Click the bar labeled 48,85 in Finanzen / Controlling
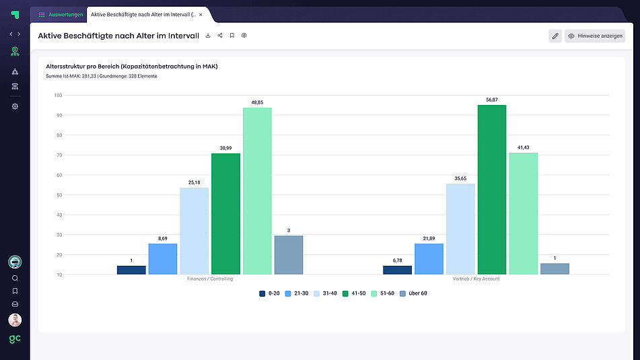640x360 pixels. [x=257, y=191]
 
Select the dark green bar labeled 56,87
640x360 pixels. [x=492, y=190]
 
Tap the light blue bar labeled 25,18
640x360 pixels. [x=194, y=231]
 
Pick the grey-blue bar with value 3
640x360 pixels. [x=289, y=255]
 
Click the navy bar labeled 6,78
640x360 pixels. [x=397, y=270]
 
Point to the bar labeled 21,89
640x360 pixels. [x=429, y=259]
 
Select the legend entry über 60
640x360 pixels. [x=413, y=293]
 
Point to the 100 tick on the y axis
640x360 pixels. [x=58, y=96]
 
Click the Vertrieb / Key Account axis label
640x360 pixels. [x=476, y=279]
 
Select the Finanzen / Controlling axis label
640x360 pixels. [x=210, y=279]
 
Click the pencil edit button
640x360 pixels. [x=555, y=36]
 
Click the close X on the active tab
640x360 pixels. [x=201, y=14]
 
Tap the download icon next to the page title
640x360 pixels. [x=208, y=36]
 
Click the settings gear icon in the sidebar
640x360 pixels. [x=15, y=106]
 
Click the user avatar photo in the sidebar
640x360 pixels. [x=15, y=320]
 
